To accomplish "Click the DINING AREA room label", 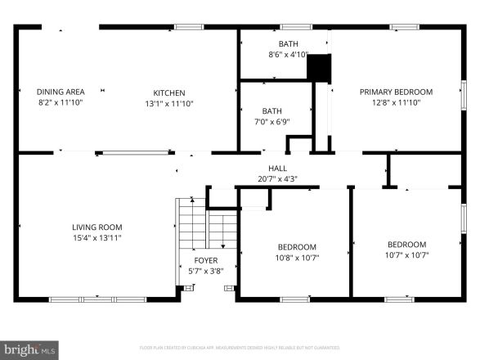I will [x=61, y=92].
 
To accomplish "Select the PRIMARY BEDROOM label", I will [x=396, y=92].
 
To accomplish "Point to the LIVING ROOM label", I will [x=97, y=227].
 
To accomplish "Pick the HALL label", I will [x=272, y=169].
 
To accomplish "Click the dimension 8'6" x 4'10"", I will [x=288, y=56].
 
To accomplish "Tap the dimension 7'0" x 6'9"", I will [x=271, y=122].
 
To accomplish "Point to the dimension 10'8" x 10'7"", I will [x=297, y=257].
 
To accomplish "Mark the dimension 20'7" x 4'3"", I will [x=272, y=178].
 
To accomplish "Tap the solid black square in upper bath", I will [x=318, y=66].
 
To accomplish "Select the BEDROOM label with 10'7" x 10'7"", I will [x=406, y=244].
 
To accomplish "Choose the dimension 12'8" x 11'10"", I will [x=396, y=103].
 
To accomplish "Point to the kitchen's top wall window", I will [x=189, y=27].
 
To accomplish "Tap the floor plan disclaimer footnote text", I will [x=240, y=347].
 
